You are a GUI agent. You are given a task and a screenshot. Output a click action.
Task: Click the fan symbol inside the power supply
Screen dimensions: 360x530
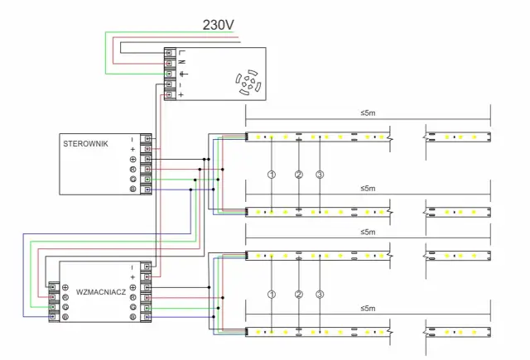click(x=246, y=83)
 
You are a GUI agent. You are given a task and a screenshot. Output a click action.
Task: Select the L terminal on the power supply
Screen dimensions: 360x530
click(x=171, y=53)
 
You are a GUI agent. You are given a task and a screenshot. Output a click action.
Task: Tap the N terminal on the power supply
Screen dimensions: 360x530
click(x=171, y=63)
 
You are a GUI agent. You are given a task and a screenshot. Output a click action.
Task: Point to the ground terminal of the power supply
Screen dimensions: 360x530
click(x=171, y=74)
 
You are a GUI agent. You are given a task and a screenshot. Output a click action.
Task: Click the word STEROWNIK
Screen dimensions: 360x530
click(x=85, y=143)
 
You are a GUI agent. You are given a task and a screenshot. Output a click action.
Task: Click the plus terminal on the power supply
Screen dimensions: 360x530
click(x=171, y=94)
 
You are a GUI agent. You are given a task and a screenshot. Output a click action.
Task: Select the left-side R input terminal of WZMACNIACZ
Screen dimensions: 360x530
click(x=53, y=296)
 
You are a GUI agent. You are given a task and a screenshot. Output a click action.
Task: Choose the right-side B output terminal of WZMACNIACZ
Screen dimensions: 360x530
click(x=146, y=317)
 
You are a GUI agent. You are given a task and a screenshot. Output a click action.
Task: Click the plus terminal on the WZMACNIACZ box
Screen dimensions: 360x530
click(x=146, y=276)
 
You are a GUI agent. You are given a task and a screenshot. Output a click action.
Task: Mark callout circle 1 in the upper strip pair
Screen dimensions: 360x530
click(x=272, y=175)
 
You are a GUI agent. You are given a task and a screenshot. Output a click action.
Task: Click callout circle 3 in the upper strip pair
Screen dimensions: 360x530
click(x=320, y=175)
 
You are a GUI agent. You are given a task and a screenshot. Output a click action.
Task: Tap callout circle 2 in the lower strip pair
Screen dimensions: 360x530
click(x=297, y=295)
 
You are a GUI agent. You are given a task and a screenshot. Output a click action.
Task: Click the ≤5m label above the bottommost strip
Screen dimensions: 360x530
click(x=368, y=308)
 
